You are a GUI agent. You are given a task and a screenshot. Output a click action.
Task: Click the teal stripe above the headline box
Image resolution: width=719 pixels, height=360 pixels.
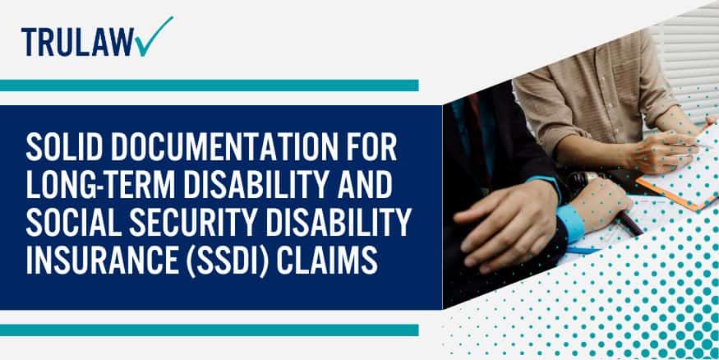click(209, 85)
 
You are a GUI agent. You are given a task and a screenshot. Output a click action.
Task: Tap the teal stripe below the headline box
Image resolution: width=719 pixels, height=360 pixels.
click(209, 330)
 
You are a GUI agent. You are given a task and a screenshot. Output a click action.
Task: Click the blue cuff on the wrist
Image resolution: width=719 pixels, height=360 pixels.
click(569, 220)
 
